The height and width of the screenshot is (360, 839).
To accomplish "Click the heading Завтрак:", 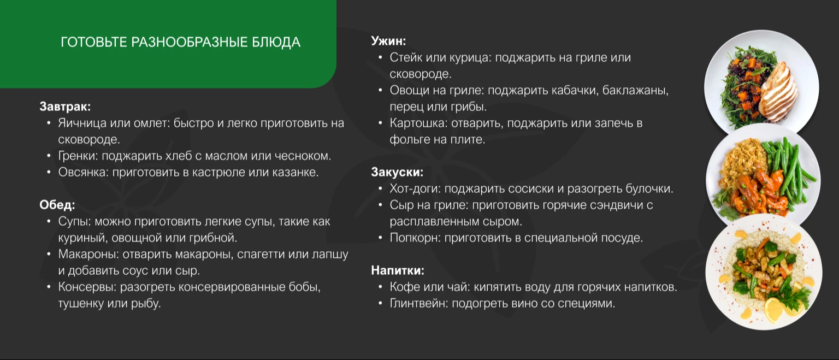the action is (65, 107).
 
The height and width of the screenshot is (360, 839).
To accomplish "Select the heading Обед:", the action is (57, 205).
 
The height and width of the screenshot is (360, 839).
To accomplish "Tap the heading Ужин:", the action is (388, 41).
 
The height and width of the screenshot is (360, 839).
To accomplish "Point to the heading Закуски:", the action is (397, 172).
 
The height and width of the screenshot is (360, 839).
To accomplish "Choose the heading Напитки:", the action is (398, 270).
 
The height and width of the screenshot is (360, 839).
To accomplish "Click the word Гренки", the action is (78, 156).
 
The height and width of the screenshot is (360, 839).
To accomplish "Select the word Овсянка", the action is (83, 172).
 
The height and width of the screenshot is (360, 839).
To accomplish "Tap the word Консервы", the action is (87, 287).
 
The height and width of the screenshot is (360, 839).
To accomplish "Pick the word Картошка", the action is (418, 123).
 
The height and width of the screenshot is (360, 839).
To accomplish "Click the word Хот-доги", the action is (415, 189).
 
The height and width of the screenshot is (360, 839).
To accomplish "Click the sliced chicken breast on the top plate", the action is (779, 92).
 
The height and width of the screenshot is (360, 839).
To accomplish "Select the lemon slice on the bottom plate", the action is (774, 309).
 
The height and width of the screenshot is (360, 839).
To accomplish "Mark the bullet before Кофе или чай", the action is (380, 287).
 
